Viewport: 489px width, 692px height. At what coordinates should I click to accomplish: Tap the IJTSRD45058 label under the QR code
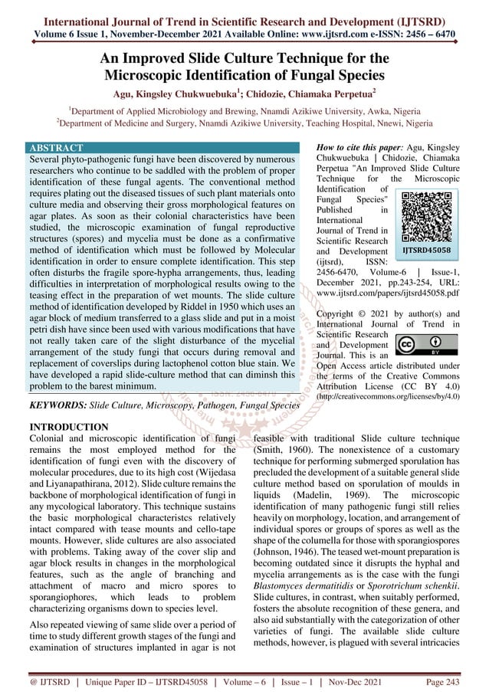click(428, 250)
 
